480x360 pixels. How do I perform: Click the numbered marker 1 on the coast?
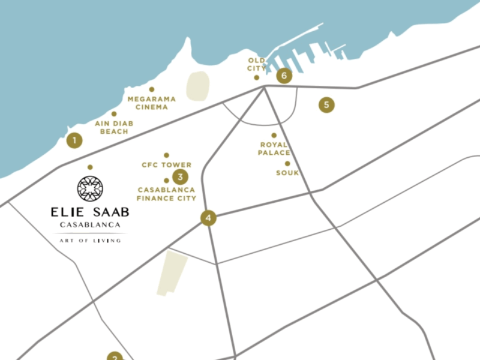[x=74, y=140]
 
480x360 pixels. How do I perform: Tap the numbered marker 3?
[x=179, y=177]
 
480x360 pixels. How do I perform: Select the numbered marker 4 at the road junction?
[x=208, y=218]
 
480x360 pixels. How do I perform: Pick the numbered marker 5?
[x=326, y=105]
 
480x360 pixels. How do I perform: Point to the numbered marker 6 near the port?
[x=284, y=76]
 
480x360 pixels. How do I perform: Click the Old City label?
[x=256, y=64]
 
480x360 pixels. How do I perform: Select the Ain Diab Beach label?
[x=114, y=127]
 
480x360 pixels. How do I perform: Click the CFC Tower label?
[x=166, y=165]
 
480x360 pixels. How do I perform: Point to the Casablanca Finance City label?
[x=166, y=193]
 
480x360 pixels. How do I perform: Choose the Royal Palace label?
[x=274, y=149]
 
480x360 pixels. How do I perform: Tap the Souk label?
[x=287, y=173]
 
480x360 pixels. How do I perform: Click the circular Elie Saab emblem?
[x=89, y=188]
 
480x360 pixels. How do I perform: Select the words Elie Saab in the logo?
[x=89, y=212]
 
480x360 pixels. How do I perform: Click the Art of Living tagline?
[x=90, y=241]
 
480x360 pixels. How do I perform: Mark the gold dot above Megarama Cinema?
[x=151, y=89]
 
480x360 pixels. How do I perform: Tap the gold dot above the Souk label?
[x=287, y=163]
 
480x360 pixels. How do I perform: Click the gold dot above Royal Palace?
[x=274, y=136]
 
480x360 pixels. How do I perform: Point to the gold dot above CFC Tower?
[x=166, y=155]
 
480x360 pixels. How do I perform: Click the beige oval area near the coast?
[x=197, y=86]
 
